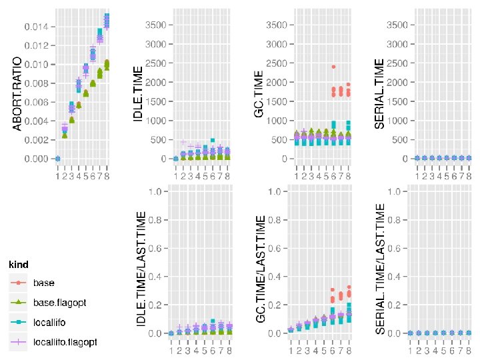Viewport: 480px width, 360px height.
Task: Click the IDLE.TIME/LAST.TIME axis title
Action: (141, 265)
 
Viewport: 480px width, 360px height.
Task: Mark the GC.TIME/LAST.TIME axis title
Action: (261, 265)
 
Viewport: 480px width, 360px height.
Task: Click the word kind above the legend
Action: (18, 265)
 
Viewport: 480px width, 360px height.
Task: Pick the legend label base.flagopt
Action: (59, 303)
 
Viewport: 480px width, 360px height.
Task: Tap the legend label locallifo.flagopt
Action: (65, 342)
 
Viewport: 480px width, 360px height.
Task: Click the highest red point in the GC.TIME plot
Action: (333, 67)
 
